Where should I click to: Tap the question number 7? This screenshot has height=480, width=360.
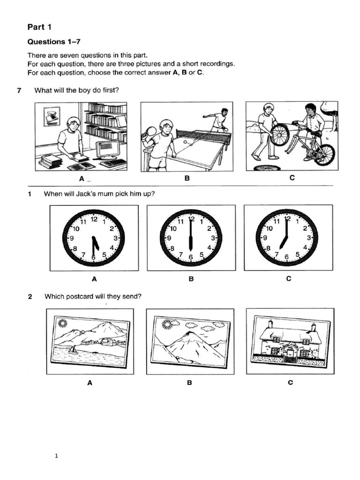(19, 90)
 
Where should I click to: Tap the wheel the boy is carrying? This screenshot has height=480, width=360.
(279, 135)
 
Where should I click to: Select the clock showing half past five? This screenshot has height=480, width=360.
(94, 238)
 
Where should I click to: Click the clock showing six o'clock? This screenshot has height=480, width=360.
(191, 238)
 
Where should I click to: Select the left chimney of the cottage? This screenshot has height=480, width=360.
(270, 324)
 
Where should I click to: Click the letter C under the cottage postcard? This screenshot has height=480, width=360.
(290, 382)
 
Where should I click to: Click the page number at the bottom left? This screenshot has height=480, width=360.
(56, 456)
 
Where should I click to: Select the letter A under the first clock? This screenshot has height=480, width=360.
(94, 279)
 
